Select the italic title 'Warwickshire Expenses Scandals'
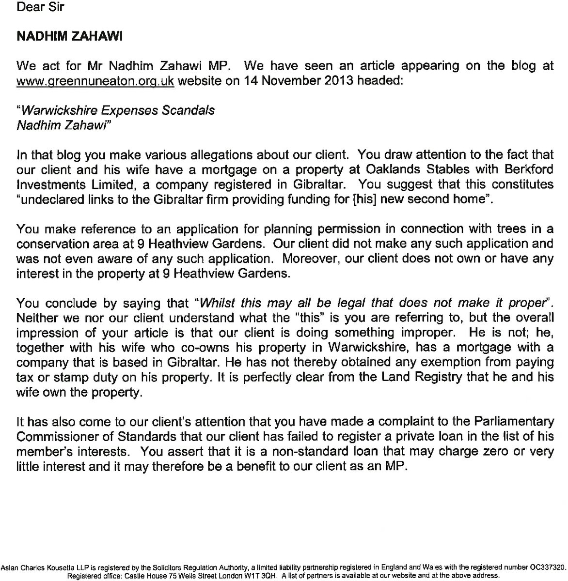[x=115, y=110]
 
